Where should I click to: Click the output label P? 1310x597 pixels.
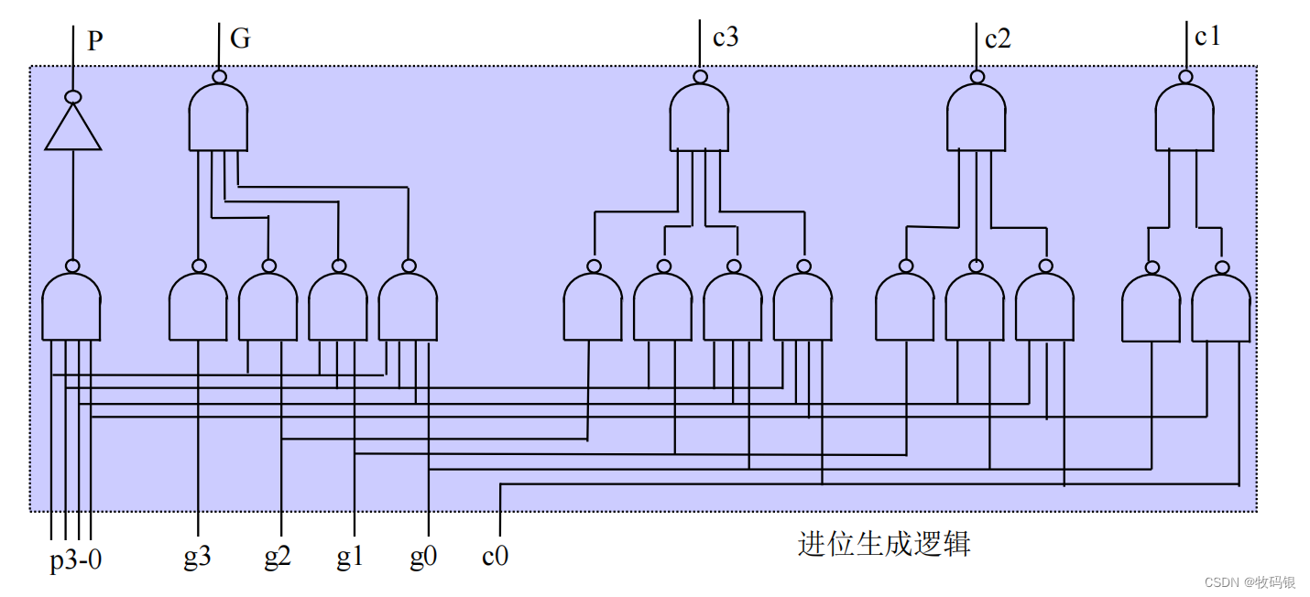click(x=95, y=41)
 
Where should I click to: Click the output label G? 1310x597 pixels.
click(x=240, y=38)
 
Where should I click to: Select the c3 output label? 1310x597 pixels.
click(x=726, y=38)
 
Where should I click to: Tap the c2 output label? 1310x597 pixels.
click(x=998, y=39)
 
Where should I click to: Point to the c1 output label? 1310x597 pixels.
click(x=1207, y=38)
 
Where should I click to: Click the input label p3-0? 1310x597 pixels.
click(x=75, y=559)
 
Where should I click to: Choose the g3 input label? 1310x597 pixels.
click(x=197, y=558)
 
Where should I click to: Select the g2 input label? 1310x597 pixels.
click(x=278, y=558)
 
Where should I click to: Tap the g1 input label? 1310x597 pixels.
click(x=349, y=558)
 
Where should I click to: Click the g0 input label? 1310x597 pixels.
click(x=422, y=558)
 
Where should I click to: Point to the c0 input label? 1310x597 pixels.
click(x=495, y=557)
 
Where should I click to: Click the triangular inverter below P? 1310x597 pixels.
click(x=73, y=127)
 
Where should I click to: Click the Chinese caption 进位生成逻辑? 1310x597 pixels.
click(x=883, y=544)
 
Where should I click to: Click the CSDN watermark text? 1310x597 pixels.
click(x=1250, y=582)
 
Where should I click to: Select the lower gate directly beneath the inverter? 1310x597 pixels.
click(x=71, y=307)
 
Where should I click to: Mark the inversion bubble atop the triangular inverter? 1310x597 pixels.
click(x=73, y=97)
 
